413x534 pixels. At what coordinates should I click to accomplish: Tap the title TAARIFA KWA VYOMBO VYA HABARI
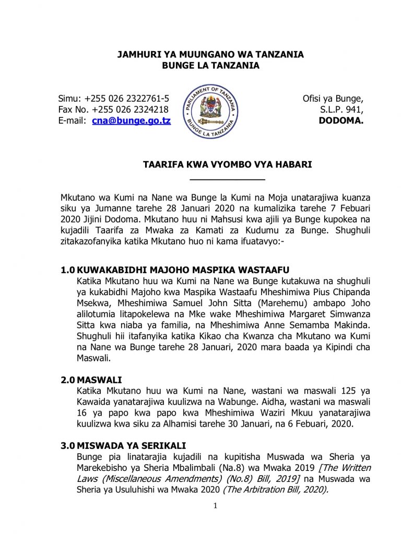(x=228, y=165)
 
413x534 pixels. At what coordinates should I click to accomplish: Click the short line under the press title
(x=228, y=179)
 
